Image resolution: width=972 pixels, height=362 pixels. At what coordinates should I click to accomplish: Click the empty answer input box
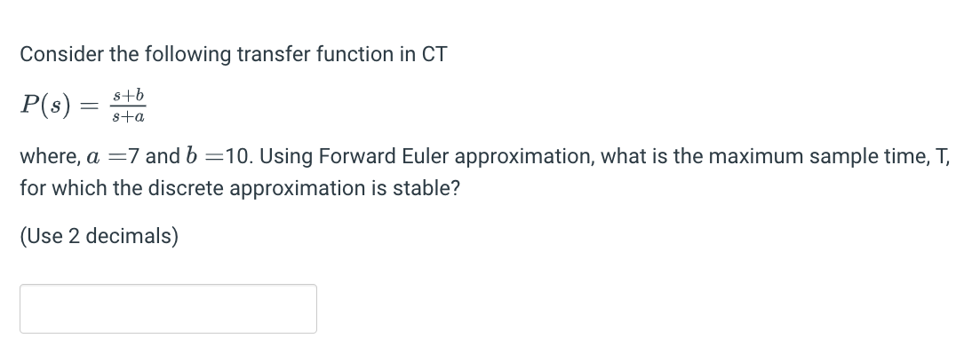[168, 309]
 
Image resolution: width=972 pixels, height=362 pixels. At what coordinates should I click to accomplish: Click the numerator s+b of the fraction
[129, 95]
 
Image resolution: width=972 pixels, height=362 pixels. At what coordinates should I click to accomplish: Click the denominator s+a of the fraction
[129, 116]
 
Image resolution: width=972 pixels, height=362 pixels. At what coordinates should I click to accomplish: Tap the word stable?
[426, 188]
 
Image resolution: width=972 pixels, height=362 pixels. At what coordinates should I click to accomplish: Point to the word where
[46, 156]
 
